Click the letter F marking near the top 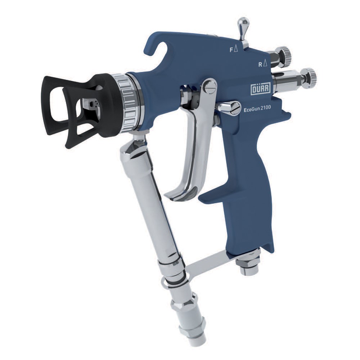pyautogui.click(x=232, y=50)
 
